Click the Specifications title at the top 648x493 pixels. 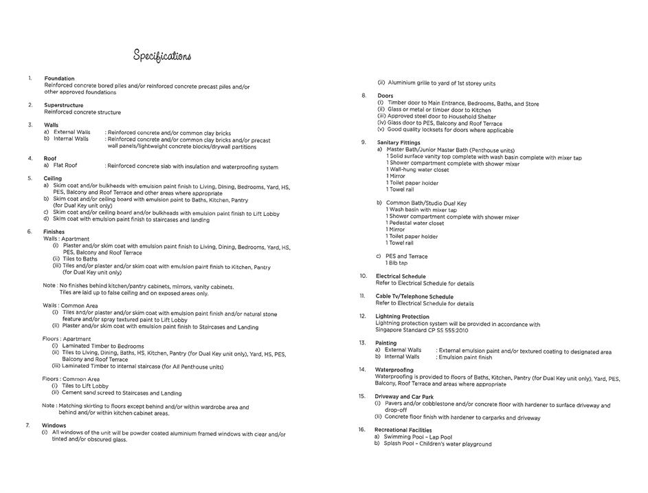[x=162, y=56]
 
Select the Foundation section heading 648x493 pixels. [x=59, y=78]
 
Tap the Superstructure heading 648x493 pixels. [x=63, y=105]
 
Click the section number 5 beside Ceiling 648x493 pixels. [x=30, y=178]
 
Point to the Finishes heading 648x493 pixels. [x=54, y=232]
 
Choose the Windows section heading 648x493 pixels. [x=54, y=426]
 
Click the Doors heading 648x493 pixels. [x=385, y=96]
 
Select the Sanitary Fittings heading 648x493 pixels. [x=399, y=142]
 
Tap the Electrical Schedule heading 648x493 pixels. [x=401, y=276]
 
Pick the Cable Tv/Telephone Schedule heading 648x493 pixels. [x=414, y=296]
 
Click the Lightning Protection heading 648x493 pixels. [x=402, y=316]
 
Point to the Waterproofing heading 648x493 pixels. [x=394, y=370]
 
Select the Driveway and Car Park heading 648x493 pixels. [x=404, y=397]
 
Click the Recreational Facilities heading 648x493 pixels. [x=403, y=430]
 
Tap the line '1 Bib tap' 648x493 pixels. [x=396, y=263]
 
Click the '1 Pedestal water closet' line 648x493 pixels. [x=414, y=223]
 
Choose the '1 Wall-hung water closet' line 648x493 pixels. [x=417, y=170]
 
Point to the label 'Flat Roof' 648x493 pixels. [x=65, y=166]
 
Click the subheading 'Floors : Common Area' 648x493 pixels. [x=71, y=379]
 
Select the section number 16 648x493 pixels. [x=361, y=430]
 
